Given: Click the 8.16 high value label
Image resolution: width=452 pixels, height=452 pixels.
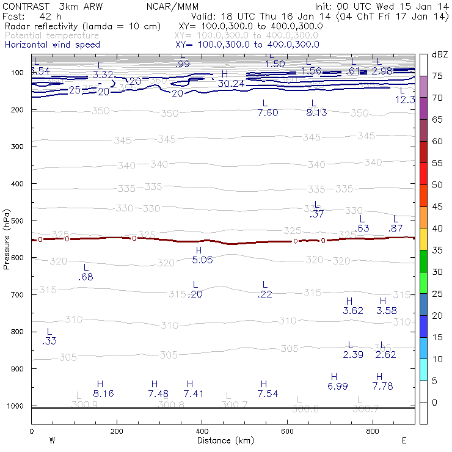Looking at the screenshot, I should click(103, 394).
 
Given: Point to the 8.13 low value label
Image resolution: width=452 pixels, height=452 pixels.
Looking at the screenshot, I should click(316, 113).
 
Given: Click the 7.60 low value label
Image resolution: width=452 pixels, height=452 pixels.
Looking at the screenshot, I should click(268, 113).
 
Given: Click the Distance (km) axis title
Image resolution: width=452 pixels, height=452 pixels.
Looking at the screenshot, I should click(223, 440).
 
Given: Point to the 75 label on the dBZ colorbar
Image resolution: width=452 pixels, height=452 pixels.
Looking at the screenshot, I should click(437, 76).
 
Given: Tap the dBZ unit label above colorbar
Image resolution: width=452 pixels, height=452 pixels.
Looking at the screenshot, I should click(439, 54).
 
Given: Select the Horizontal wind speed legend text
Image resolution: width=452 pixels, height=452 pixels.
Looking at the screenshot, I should click(52, 45).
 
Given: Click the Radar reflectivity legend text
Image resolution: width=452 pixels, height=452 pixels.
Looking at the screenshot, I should click(83, 26).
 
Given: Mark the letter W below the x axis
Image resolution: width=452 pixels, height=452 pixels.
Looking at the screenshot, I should click(53, 440).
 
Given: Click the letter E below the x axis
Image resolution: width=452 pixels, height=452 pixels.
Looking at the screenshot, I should click(404, 440).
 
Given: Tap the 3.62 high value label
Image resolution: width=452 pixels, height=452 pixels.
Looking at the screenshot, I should click(353, 310).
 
